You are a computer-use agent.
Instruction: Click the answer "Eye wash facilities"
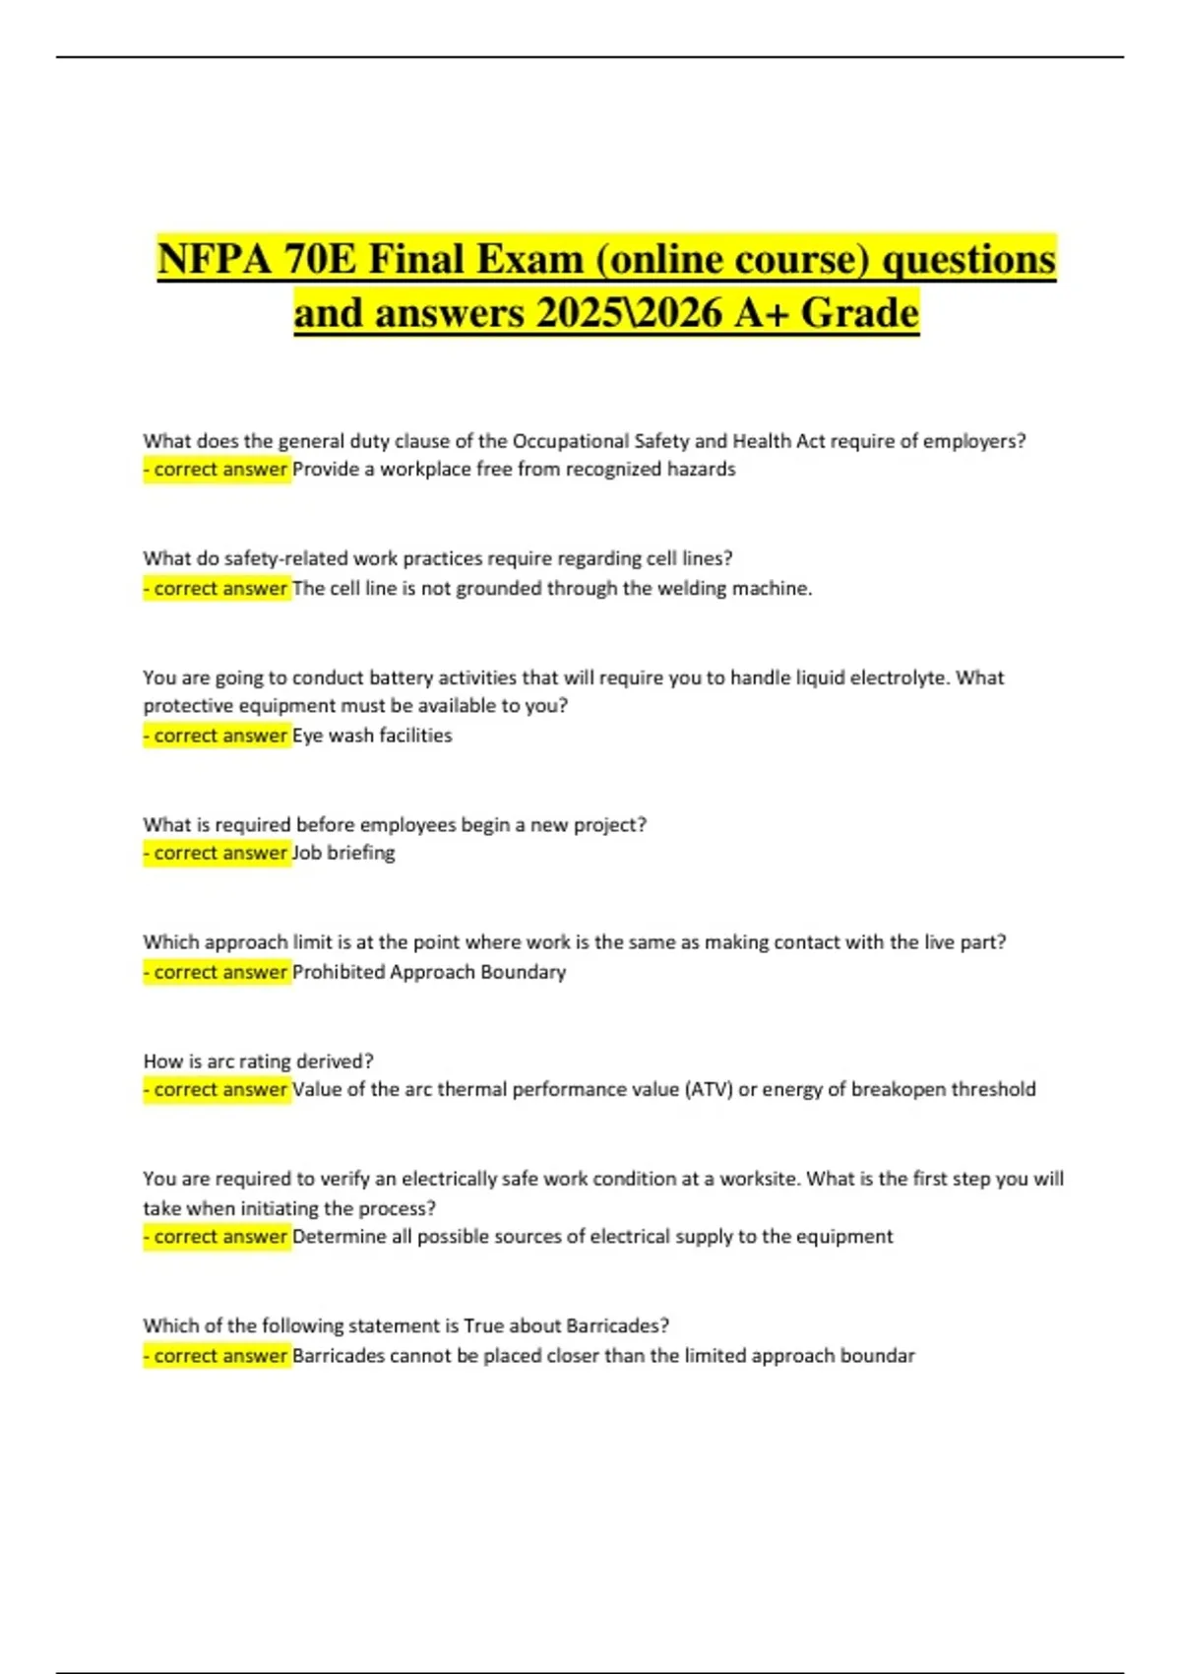click(x=372, y=736)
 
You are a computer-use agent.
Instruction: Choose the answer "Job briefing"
click(x=343, y=853)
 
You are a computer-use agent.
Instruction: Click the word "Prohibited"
click(x=339, y=972)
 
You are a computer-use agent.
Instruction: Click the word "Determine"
click(x=340, y=1237)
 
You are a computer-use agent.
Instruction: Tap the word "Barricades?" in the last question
click(x=618, y=1325)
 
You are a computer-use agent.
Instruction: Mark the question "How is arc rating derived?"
click(x=259, y=1062)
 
